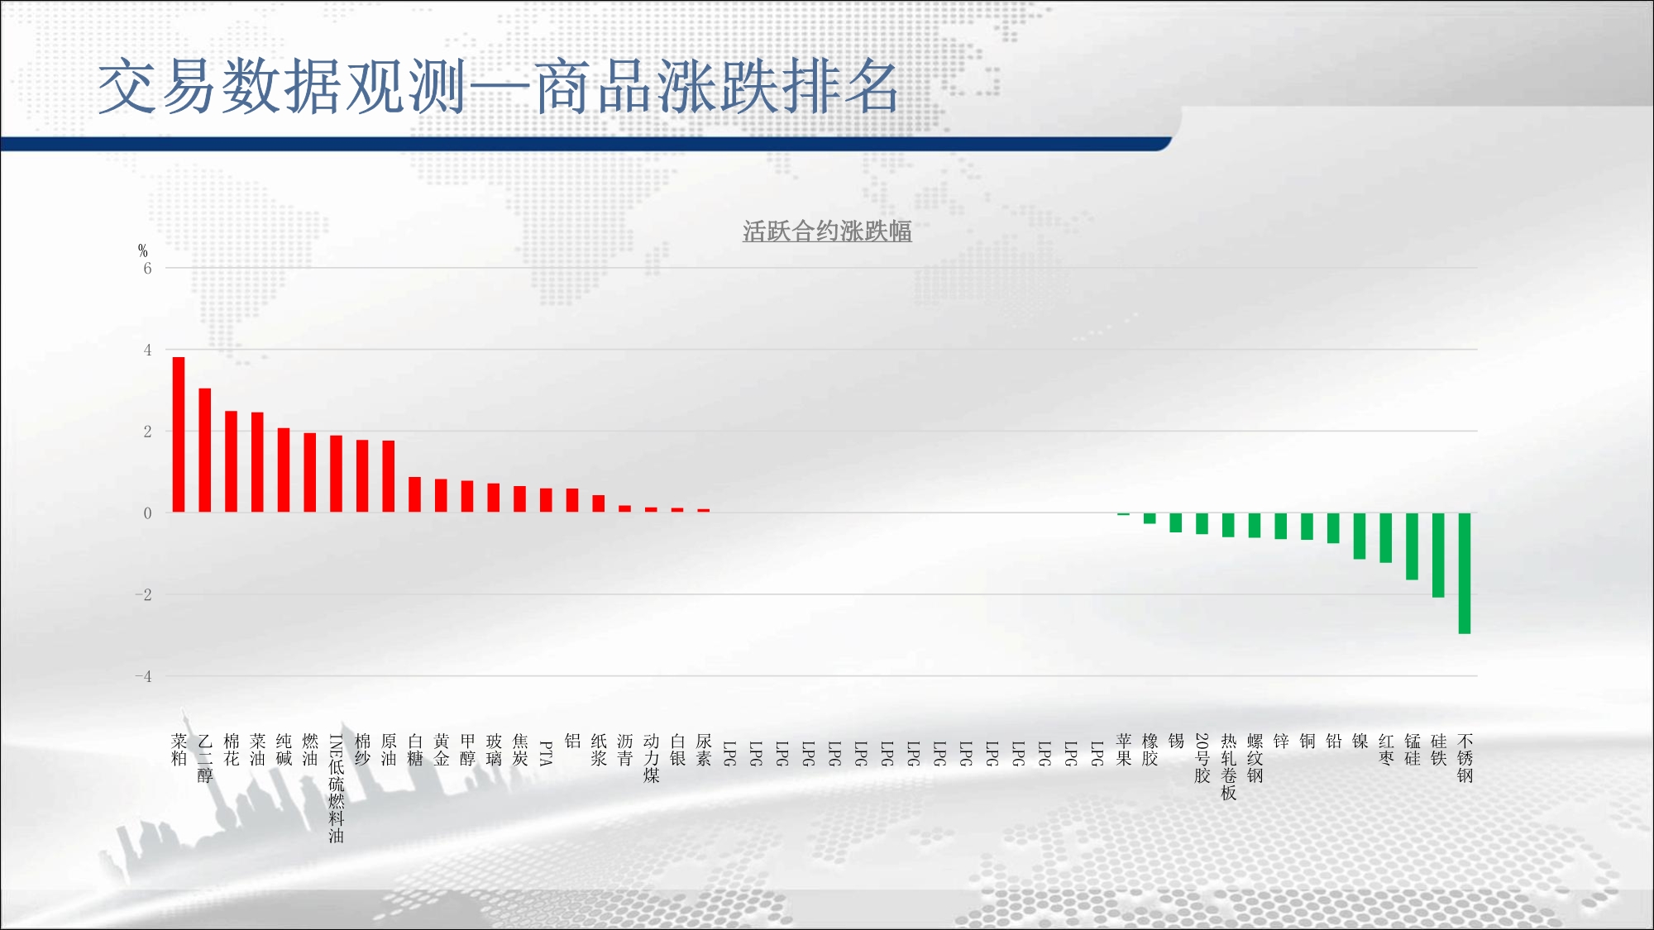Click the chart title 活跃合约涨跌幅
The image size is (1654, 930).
[x=827, y=231]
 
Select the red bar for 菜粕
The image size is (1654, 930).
[x=179, y=434]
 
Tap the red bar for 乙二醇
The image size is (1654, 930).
[x=205, y=450]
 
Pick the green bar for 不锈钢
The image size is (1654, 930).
[x=1465, y=574]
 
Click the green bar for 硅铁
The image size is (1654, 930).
[x=1438, y=556]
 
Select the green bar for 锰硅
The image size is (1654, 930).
[x=1412, y=546]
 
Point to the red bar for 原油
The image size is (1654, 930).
[x=389, y=476]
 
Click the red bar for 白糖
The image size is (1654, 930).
[x=415, y=494]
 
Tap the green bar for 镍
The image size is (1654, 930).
[x=1360, y=537]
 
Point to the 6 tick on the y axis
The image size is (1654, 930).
[x=147, y=269]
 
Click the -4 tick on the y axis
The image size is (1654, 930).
[x=144, y=676]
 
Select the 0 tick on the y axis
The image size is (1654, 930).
[x=147, y=513]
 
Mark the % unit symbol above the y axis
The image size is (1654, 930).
[x=143, y=250]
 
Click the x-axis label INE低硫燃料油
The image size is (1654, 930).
[x=336, y=789]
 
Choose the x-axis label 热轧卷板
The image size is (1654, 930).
[x=1229, y=767]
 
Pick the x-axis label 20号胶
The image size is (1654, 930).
[x=1202, y=758]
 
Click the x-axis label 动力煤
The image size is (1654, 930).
[x=652, y=758]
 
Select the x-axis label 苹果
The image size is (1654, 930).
[x=1124, y=750]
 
